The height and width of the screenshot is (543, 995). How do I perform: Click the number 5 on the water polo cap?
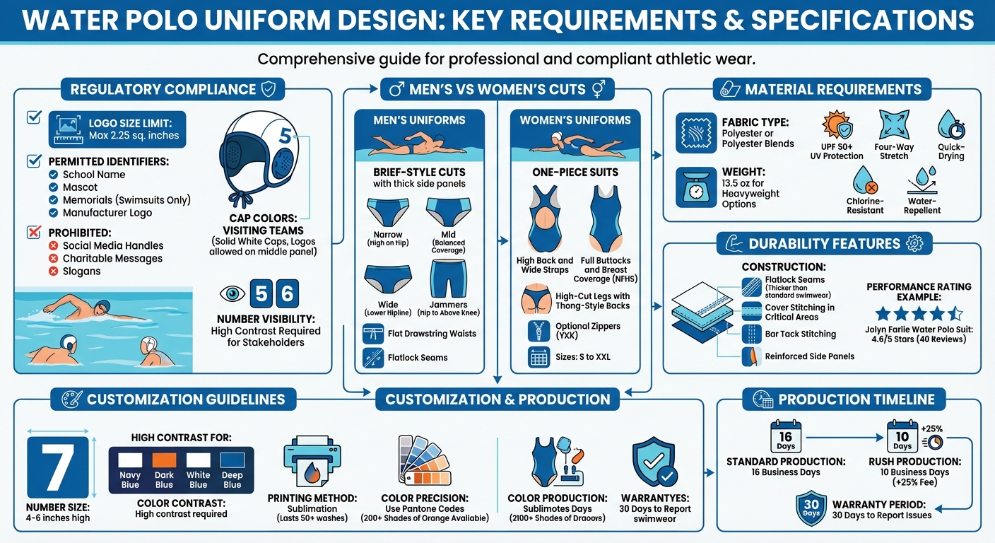(284, 136)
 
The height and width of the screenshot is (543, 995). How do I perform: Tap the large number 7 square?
(58, 467)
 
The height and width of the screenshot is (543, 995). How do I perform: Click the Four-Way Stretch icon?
(894, 125)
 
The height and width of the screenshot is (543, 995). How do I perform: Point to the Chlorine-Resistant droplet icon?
(865, 181)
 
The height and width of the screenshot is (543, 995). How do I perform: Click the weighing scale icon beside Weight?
(695, 187)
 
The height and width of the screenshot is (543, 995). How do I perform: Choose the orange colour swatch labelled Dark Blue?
(164, 459)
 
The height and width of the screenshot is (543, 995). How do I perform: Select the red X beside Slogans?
(53, 271)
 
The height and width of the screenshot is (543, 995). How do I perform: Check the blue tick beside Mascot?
(53, 187)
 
